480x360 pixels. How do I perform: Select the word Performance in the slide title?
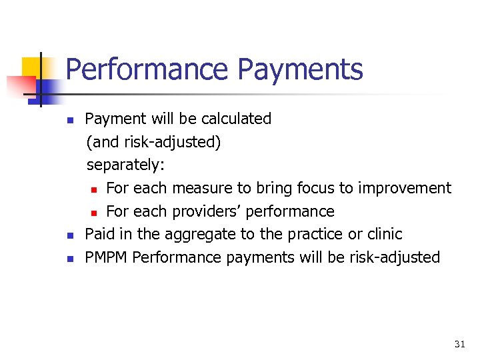point(147,70)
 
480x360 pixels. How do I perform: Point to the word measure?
point(189,188)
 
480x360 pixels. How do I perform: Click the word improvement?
point(405,188)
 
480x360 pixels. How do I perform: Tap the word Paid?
point(99,234)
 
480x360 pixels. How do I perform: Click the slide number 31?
point(459,344)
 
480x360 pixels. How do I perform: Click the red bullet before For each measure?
point(94,189)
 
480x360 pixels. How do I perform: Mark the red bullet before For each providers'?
point(94,213)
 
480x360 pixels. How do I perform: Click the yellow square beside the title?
point(31,67)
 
